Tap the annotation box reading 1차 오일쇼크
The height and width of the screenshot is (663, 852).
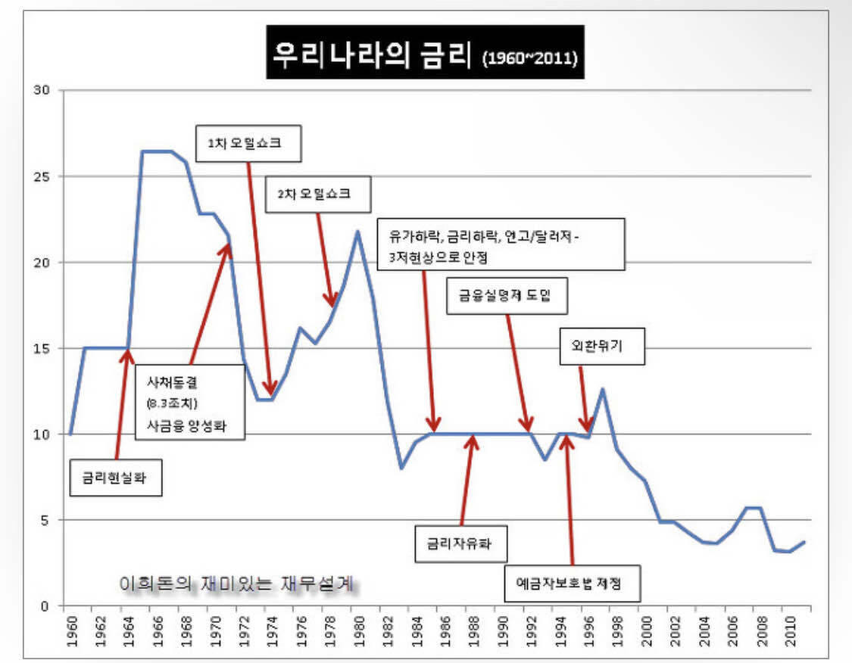click(x=248, y=143)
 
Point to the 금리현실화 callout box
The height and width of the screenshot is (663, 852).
click(x=115, y=478)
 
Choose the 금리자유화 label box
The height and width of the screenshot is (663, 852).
click(x=460, y=542)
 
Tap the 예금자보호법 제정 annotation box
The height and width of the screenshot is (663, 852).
click(x=573, y=584)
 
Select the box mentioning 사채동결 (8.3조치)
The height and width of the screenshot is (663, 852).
click(x=190, y=401)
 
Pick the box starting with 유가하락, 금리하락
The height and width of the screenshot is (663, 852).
click(x=501, y=244)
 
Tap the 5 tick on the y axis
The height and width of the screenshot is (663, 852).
click(x=47, y=520)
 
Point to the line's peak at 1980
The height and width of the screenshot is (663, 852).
click(x=357, y=231)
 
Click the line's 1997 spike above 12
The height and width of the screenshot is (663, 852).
click(x=602, y=389)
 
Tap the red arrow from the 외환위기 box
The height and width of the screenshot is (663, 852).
click(x=583, y=398)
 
